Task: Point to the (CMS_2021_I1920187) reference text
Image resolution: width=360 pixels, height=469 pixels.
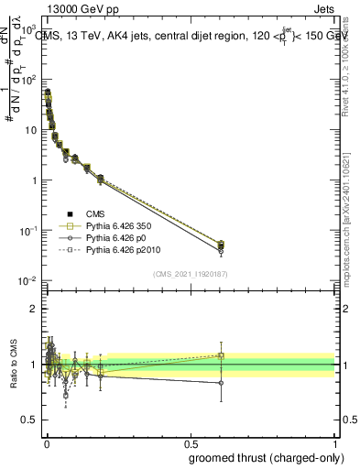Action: [x=190, y=274]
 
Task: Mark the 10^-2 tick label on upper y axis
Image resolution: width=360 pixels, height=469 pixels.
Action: [x=29, y=280]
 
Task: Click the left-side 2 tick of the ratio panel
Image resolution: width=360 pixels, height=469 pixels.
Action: [x=35, y=309]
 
